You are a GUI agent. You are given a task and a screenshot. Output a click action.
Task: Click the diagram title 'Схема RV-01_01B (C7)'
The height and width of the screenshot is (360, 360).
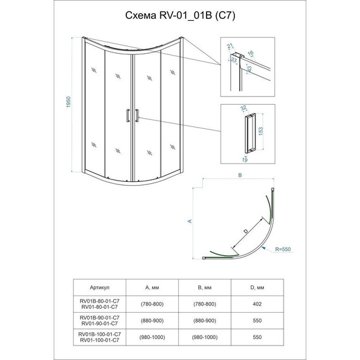[180, 16]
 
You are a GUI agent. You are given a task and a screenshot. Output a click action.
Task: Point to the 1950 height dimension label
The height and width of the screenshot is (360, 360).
[68, 102]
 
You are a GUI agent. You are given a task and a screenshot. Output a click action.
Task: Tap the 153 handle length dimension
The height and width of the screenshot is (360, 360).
[261, 131]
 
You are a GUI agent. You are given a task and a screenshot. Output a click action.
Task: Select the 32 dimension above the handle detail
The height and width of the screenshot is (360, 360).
[243, 108]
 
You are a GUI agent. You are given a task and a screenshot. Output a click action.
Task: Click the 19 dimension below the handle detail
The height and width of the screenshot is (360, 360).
[245, 160]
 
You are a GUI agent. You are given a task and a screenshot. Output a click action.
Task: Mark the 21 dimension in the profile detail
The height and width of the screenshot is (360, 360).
[230, 46]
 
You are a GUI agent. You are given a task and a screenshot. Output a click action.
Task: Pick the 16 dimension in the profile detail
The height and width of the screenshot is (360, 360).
[250, 53]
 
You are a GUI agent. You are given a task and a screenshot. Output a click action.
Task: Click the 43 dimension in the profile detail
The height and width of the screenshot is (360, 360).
[249, 69]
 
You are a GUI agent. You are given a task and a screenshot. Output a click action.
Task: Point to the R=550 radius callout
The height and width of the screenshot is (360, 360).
[283, 249]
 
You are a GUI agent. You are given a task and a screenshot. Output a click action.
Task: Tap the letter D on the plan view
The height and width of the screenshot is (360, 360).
[246, 231]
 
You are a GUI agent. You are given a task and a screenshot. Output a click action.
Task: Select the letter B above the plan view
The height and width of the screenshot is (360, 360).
[240, 175]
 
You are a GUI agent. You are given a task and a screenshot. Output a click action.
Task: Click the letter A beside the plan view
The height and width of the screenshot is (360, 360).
[189, 221]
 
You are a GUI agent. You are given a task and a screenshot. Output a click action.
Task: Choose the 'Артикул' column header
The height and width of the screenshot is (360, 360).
[100, 287]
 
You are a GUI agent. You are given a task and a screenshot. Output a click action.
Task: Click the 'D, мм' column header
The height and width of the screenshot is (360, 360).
[257, 287]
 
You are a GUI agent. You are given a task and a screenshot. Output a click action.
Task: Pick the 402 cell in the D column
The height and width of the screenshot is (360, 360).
[257, 304]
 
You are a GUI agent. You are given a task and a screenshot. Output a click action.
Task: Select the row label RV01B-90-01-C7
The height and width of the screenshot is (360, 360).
[100, 318]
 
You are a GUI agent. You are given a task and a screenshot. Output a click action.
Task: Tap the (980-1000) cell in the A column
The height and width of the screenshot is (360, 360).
[152, 337]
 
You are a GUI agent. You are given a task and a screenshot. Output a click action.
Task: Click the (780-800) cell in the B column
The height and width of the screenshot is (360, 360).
[205, 304]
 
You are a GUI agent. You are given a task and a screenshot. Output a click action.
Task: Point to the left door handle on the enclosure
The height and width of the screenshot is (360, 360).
[128, 116]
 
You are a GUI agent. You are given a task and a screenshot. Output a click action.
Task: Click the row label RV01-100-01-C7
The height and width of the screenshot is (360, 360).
[100, 340]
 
